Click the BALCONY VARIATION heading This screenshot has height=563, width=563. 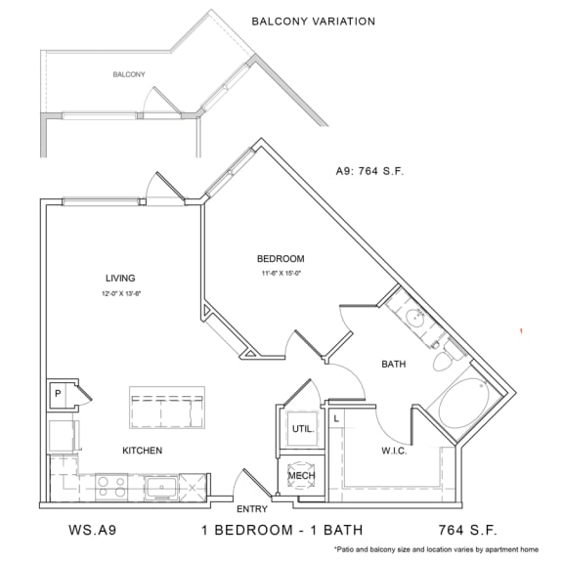click(313, 21)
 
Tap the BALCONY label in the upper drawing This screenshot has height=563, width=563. click(129, 74)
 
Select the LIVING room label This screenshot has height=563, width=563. click(120, 278)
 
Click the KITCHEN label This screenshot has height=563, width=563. click(142, 451)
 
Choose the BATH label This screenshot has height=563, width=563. click(393, 365)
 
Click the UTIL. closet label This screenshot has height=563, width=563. click(300, 428)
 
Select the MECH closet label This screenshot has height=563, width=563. click(300, 477)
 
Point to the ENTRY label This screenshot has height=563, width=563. click(253, 509)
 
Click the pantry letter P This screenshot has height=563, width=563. click(59, 394)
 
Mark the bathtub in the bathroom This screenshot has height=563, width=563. click(462, 406)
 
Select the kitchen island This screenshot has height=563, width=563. click(166, 408)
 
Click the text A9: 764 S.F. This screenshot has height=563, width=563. click(369, 170)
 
